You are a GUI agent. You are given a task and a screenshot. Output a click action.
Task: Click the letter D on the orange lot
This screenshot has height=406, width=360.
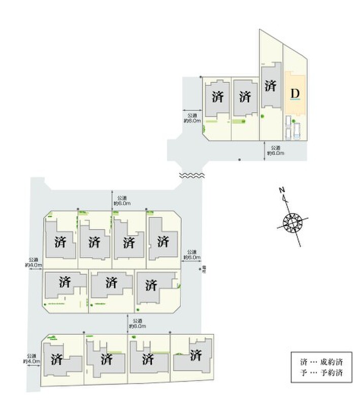pos(295,94)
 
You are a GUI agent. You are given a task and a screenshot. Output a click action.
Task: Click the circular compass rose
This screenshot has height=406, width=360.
pos(293,222)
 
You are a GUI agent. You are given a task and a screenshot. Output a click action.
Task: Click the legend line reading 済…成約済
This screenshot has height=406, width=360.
pos(321,362)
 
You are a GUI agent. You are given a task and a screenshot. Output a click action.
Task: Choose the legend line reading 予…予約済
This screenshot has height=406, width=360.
pos(321,374)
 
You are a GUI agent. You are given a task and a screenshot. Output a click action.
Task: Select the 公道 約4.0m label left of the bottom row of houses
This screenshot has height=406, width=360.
pos(31,359)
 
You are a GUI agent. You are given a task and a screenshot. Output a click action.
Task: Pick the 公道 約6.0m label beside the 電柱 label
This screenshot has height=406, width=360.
pos(191,254)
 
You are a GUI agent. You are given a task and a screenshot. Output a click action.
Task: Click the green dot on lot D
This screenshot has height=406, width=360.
pos(293,120)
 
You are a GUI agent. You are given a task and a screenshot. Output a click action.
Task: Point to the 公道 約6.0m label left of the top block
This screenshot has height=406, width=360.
pos(192,118)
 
